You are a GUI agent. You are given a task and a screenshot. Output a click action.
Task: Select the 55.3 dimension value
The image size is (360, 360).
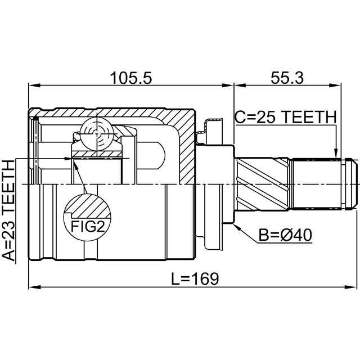[x=287, y=78]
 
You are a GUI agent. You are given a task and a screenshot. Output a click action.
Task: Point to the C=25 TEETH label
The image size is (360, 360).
[x=285, y=118]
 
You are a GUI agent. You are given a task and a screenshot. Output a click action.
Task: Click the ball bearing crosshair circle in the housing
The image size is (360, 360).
[x=96, y=134]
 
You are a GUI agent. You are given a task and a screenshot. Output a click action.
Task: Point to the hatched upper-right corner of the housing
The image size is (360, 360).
[x=183, y=121]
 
